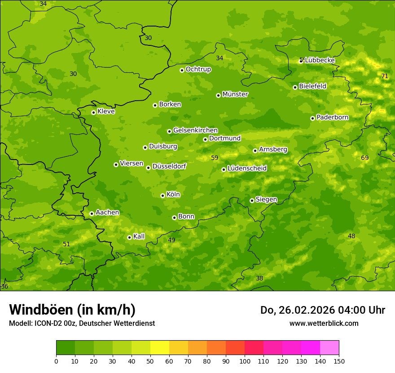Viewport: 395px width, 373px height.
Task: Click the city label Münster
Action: (x=235, y=94)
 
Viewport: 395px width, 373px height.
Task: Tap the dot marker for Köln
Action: (x=162, y=195)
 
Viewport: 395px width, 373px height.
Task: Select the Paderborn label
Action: (x=332, y=117)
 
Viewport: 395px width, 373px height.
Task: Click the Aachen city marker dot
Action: (x=92, y=213)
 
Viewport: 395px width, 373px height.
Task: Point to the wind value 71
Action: (x=385, y=76)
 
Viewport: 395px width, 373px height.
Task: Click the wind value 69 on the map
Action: (x=364, y=158)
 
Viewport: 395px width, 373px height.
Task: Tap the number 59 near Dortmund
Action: (x=215, y=158)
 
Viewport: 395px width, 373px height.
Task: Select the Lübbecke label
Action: (x=320, y=60)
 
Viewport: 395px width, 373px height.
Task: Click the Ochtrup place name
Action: (x=198, y=69)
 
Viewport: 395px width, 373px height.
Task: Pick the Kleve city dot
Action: (x=93, y=112)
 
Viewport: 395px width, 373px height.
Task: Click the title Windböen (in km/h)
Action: (x=72, y=310)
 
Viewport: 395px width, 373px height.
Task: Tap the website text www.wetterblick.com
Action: (x=324, y=323)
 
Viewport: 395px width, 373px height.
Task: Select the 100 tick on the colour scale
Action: (x=245, y=361)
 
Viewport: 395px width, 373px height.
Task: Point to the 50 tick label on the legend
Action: (x=150, y=361)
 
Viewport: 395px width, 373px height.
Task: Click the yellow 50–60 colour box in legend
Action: (x=160, y=348)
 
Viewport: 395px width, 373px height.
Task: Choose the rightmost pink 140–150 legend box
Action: (x=329, y=348)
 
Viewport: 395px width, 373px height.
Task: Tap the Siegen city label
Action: (x=266, y=200)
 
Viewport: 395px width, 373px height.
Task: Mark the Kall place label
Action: (x=139, y=236)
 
